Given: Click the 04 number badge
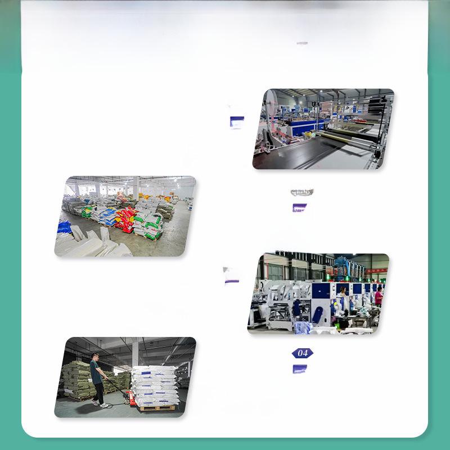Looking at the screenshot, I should pyautogui.click(x=302, y=353).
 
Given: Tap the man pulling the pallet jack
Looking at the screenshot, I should pyautogui.click(x=98, y=377).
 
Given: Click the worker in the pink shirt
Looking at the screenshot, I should pyautogui.click(x=379, y=296).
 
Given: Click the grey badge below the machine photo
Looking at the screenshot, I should pyautogui.click(x=301, y=192).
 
